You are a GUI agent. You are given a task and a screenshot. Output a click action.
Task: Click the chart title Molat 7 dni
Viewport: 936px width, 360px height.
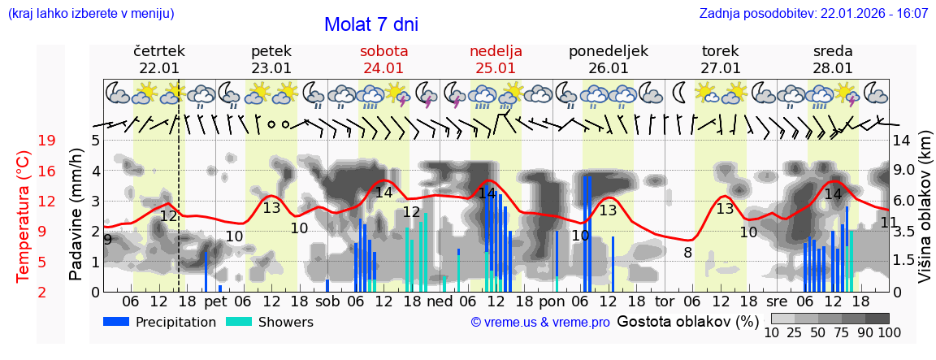click(371, 24)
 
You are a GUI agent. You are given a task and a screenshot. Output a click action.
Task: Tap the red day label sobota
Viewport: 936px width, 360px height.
click(383, 51)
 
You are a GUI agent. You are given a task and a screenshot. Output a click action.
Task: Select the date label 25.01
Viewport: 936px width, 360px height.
click(496, 68)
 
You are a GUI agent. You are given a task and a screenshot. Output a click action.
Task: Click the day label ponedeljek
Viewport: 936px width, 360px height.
click(609, 51)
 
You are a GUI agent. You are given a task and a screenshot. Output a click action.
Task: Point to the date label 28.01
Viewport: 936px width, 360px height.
click(833, 68)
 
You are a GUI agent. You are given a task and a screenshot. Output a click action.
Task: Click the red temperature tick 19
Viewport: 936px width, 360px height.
click(46, 141)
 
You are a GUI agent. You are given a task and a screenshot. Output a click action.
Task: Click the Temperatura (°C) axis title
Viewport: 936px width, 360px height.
click(23, 216)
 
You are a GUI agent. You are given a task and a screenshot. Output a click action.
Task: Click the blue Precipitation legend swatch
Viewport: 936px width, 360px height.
click(117, 321)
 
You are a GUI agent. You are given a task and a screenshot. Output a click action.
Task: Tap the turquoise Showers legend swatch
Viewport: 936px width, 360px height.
click(239, 321)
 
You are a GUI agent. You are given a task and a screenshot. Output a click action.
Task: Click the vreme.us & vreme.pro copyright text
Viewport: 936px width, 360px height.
click(540, 322)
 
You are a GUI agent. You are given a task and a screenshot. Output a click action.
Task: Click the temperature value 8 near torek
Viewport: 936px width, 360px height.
click(687, 252)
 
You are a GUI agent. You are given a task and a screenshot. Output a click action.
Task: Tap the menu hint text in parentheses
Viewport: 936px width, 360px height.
click(91, 14)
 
